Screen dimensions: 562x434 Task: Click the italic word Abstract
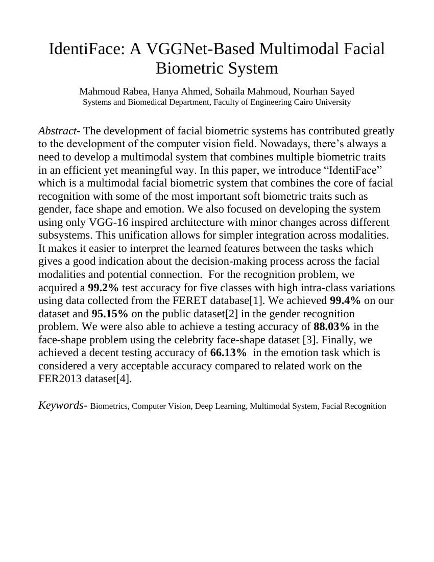click(x=56, y=131)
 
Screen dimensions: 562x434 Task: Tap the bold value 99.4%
click(x=345, y=300)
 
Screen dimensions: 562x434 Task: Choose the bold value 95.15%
click(x=110, y=314)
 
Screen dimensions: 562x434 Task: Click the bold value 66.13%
click(x=229, y=353)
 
